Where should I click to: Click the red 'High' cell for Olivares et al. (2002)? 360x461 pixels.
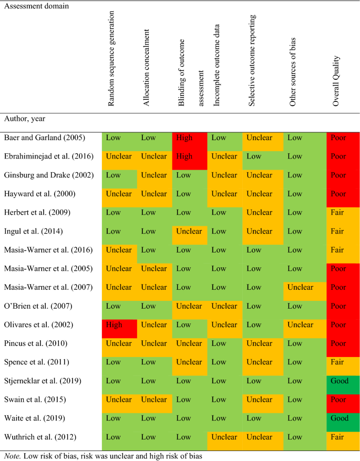(x=115, y=324)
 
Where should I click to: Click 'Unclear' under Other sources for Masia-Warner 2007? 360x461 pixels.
(x=301, y=287)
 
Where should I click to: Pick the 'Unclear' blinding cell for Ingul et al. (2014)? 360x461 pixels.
(x=189, y=231)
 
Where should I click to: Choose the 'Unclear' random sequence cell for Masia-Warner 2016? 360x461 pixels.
(x=119, y=250)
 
